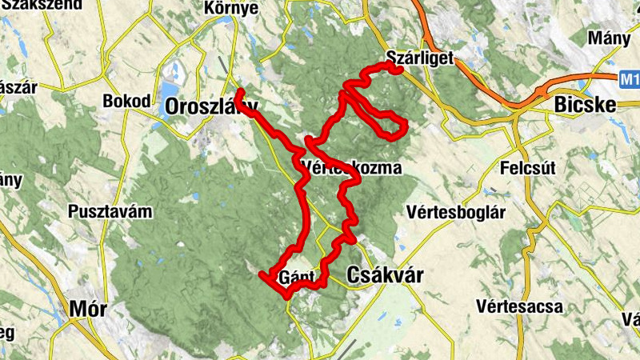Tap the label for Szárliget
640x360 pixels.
pyautogui.click(x=419, y=57)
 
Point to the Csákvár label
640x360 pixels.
pyautogui.click(x=385, y=275)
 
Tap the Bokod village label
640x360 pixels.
pyautogui.click(x=126, y=102)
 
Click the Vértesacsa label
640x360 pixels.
pyautogui.click(x=520, y=306)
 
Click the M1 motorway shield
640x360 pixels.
pyautogui.click(x=630, y=79)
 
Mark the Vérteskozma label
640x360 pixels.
pyautogui.click(x=352, y=167)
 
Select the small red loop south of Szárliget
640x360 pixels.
pyautogui.click(x=394, y=126)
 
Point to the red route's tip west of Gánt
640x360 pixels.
pyautogui.click(x=262, y=275)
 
